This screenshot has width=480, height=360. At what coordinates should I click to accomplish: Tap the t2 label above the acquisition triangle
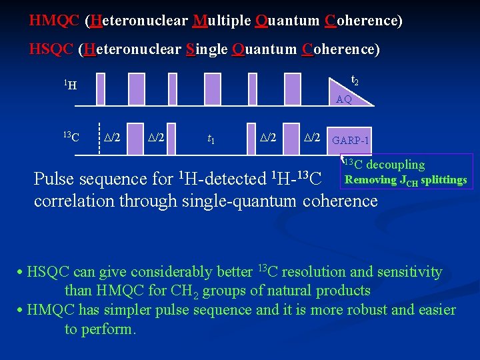tap(355, 81)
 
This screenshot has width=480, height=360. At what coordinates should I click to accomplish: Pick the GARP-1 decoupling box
tap(350, 141)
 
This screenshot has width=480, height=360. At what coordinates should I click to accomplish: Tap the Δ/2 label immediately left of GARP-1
tap(312, 138)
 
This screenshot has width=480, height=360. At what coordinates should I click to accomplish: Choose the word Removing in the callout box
tap(370, 180)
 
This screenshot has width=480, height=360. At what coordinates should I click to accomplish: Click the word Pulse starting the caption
tap(53, 179)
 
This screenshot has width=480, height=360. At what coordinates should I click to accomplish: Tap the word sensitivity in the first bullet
tap(407, 272)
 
